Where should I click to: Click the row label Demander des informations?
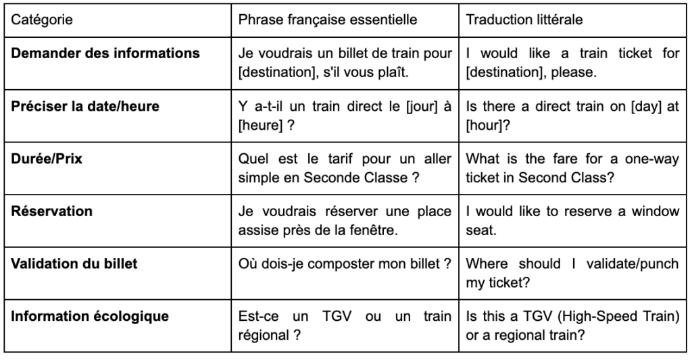pyautogui.click(x=105, y=53)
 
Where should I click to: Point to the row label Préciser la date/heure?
pyautogui.click(x=85, y=106)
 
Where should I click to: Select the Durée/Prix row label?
pyautogui.click(x=45, y=159)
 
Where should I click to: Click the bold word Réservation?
pyautogui.click(x=52, y=211)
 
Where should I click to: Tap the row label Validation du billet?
pyautogui.click(x=75, y=263)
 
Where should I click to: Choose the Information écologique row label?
pyautogui.click(x=90, y=316)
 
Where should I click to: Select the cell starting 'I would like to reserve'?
pyautogui.click(x=572, y=220)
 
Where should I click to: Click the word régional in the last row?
pyautogui.click(x=264, y=334)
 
